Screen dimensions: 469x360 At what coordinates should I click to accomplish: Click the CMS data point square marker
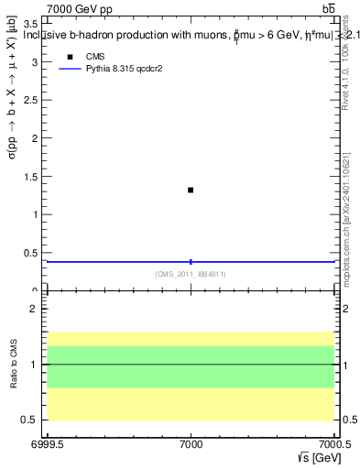191,190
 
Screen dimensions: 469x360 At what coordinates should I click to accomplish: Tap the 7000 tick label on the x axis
191,442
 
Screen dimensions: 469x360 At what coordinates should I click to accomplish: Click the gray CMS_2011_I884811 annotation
191,273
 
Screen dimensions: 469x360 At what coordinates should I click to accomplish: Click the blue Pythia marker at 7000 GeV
191,262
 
